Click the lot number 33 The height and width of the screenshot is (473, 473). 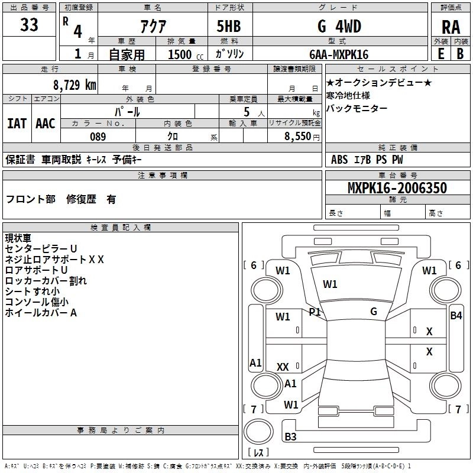pyautogui.click(x=29, y=25)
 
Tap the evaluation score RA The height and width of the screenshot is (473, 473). pyautogui.click(x=451, y=27)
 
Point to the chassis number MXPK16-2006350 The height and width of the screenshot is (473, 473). pyautogui.click(x=397, y=188)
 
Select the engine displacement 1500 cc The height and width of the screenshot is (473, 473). pyautogui.click(x=180, y=54)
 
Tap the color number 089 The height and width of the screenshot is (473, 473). pyautogui.click(x=98, y=137)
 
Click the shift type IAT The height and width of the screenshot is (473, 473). pyautogui.click(x=17, y=123)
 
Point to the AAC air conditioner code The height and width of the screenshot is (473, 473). pyautogui.click(x=46, y=123)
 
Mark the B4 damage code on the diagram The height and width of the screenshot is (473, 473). pyautogui.click(x=456, y=316)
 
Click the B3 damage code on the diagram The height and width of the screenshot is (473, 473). pyautogui.click(x=290, y=437)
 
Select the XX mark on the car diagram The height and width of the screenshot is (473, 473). pyautogui.click(x=283, y=367)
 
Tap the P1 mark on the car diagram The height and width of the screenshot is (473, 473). pyautogui.click(x=315, y=312)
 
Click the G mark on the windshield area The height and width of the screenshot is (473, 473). pyautogui.click(x=374, y=312)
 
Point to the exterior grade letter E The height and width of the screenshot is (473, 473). pyautogui.click(x=440, y=54)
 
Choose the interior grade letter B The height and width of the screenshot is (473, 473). pyautogui.click(x=460, y=54)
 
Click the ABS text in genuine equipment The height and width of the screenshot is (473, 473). pyautogui.click(x=339, y=160)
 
